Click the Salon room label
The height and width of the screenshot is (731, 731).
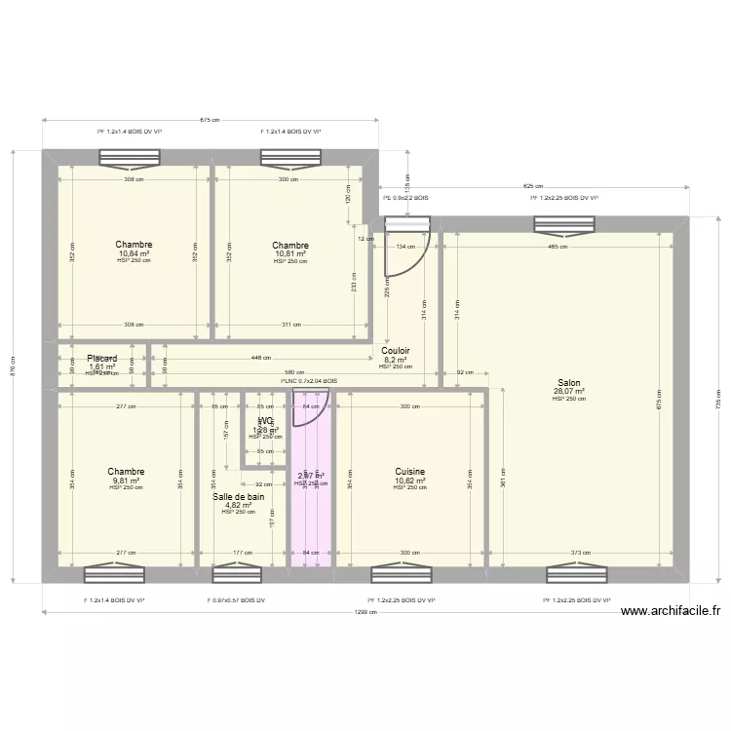pos(568,383)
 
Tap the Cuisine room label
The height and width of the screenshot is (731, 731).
pos(408,471)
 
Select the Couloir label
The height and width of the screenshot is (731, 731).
pos(395,351)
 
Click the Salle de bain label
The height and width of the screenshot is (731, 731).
pos(238,496)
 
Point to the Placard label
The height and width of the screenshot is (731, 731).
pos(102,359)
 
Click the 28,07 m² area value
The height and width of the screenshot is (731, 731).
pos(568,392)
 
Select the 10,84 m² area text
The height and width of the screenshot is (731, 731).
pos(134,253)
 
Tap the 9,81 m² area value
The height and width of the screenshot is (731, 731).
pos(127,480)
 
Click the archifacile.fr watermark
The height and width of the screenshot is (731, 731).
pos(671,611)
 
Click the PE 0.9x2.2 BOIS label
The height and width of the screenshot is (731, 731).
pos(405,198)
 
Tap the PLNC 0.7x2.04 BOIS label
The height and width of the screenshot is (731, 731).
pos(309,381)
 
